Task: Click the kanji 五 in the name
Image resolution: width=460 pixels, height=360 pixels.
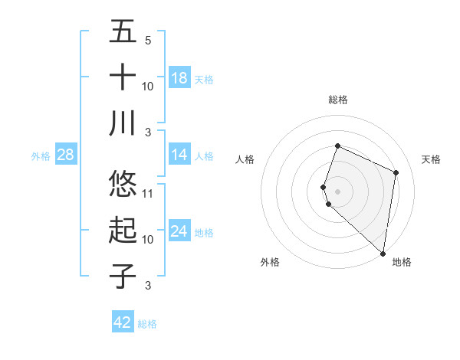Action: (123, 31)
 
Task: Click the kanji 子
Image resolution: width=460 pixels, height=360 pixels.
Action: (123, 277)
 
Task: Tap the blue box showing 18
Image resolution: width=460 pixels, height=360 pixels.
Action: (179, 78)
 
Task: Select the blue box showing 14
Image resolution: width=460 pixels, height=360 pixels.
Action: (179, 155)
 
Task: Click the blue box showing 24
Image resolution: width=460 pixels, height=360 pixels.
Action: (179, 231)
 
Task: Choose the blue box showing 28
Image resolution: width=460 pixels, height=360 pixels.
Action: (66, 155)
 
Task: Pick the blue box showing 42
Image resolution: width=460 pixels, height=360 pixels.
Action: (123, 322)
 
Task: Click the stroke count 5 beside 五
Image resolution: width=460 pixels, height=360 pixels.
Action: (148, 40)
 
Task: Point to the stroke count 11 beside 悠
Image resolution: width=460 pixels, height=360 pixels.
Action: (149, 193)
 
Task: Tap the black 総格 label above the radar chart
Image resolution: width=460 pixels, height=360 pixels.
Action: (338, 100)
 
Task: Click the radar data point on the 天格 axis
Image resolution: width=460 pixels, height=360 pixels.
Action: (396, 172)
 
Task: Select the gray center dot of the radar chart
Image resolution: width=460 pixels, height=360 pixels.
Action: (338, 190)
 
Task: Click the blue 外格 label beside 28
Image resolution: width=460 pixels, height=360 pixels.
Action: (41, 156)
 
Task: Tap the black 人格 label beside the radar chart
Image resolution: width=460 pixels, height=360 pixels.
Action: (245, 159)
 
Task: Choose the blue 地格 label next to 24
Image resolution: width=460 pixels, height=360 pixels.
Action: (205, 233)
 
